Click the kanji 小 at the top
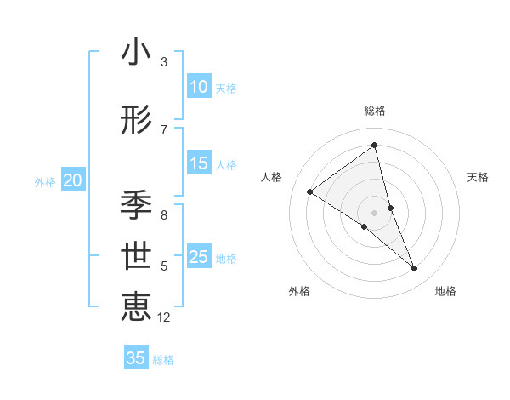(x=136, y=53)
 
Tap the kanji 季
(x=136, y=204)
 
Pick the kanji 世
(x=136, y=256)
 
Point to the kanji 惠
(x=136, y=306)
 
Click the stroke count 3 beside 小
(x=164, y=62)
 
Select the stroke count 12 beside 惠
(x=164, y=317)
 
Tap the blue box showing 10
(x=199, y=87)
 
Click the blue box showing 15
(x=199, y=163)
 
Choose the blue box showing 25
(x=199, y=257)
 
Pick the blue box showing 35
(x=136, y=358)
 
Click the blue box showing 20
(x=73, y=180)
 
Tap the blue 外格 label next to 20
(x=45, y=181)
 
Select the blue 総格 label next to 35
(x=164, y=360)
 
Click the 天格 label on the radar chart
(x=478, y=177)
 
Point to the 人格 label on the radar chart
(x=271, y=177)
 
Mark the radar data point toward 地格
(x=415, y=269)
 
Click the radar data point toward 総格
(x=374, y=146)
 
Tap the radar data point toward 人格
(x=309, y=191)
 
